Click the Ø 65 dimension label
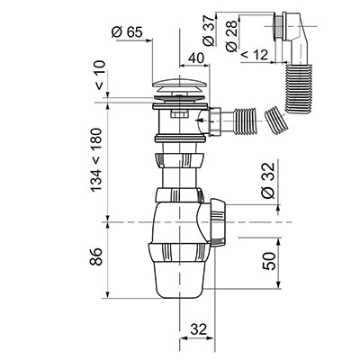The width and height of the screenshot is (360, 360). pos(127,32)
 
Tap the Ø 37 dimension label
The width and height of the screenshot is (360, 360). pos(209,31)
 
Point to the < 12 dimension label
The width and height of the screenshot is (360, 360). pos(254,55)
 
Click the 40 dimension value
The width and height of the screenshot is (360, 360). pos(196,58)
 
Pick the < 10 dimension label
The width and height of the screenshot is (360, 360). pos(100,75)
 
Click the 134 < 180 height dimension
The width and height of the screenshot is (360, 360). pos(96,160)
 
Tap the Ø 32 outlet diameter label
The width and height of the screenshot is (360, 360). pos(268,180)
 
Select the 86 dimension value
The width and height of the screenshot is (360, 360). pos(96,256)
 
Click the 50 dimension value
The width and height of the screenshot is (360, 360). pos(269,261)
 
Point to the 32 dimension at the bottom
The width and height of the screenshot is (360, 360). pos(198,329)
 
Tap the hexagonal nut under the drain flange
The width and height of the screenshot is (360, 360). pos(180,114)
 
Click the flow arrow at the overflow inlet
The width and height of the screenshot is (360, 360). pos(205,121)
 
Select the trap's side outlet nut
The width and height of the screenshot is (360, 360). pos(217,222)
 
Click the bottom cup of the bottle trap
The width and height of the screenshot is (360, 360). pos(179,281)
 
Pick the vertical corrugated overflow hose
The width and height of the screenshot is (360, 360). pos(299,88)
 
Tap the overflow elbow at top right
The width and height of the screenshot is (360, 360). pos(297,38)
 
